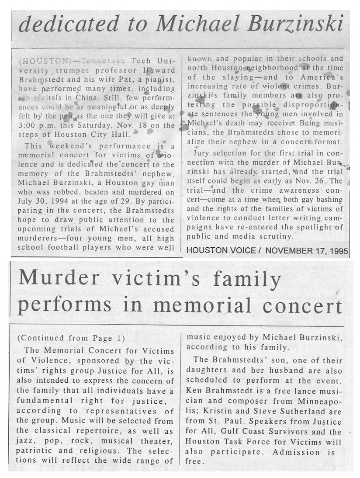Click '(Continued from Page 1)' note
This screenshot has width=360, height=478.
click(70, 338)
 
